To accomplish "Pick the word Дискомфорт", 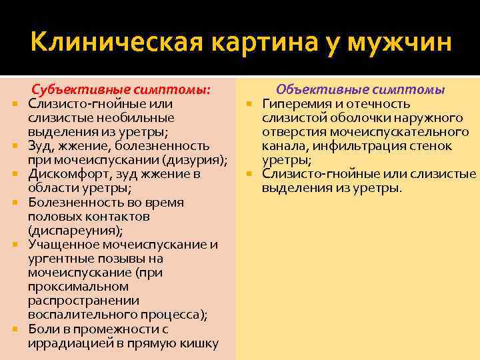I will (65, 174).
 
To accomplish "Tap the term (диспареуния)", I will (75, 231).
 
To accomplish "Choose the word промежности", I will (117, 329).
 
